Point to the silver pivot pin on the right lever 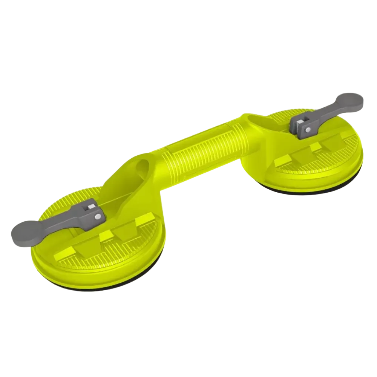pos(308,129)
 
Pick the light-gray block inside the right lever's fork pos(300,123)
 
